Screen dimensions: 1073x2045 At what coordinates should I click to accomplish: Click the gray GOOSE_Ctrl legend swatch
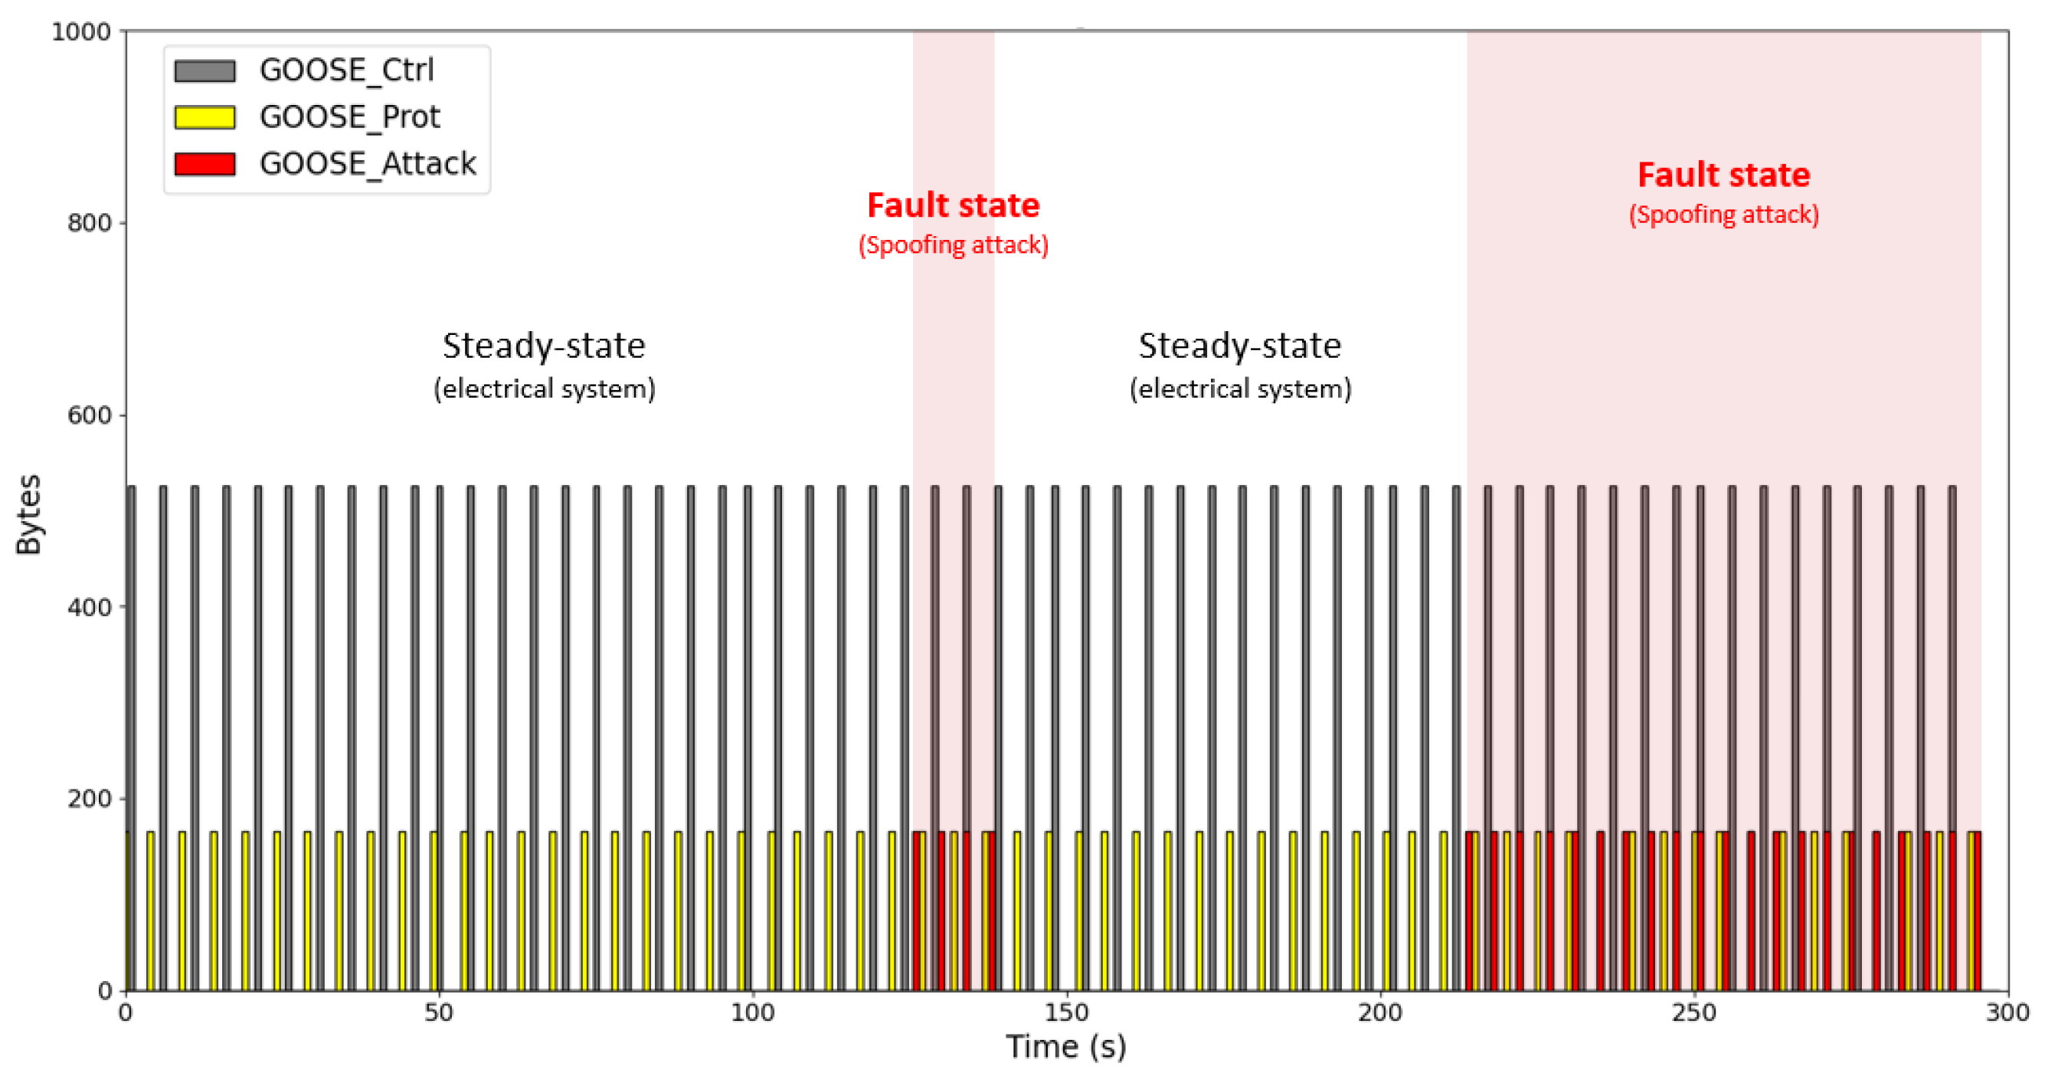point(204,71)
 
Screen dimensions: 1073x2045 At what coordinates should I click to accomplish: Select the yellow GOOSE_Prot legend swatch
point(204,117)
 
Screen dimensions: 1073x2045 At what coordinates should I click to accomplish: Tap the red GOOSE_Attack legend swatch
point(204,165)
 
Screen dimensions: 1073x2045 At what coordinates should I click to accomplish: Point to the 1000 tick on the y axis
point(80,32)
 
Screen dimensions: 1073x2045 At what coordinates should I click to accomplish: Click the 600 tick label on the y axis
point(88,415)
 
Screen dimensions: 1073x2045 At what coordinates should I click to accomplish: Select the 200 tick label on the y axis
point(88,798)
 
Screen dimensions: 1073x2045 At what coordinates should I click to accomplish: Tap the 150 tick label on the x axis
point(1066,1012)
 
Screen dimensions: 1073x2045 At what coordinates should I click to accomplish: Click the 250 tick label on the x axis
point(1694,1012)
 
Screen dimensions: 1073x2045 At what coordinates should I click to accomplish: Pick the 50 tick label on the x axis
point(438,1012)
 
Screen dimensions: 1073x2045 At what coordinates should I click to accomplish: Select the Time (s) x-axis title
point(1066,1047)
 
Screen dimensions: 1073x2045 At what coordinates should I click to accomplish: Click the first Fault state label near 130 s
point(954,205)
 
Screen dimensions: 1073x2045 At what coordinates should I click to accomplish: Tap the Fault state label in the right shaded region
point(1723,176)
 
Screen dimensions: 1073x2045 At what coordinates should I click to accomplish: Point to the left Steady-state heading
point(544,346)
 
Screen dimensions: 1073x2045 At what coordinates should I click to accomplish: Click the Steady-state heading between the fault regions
point(1240,346)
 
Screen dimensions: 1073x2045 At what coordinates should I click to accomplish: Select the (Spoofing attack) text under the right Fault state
point(1723,215)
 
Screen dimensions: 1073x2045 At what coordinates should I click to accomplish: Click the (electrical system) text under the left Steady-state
point(544,389)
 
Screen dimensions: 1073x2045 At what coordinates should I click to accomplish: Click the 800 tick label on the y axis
point(88,224)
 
